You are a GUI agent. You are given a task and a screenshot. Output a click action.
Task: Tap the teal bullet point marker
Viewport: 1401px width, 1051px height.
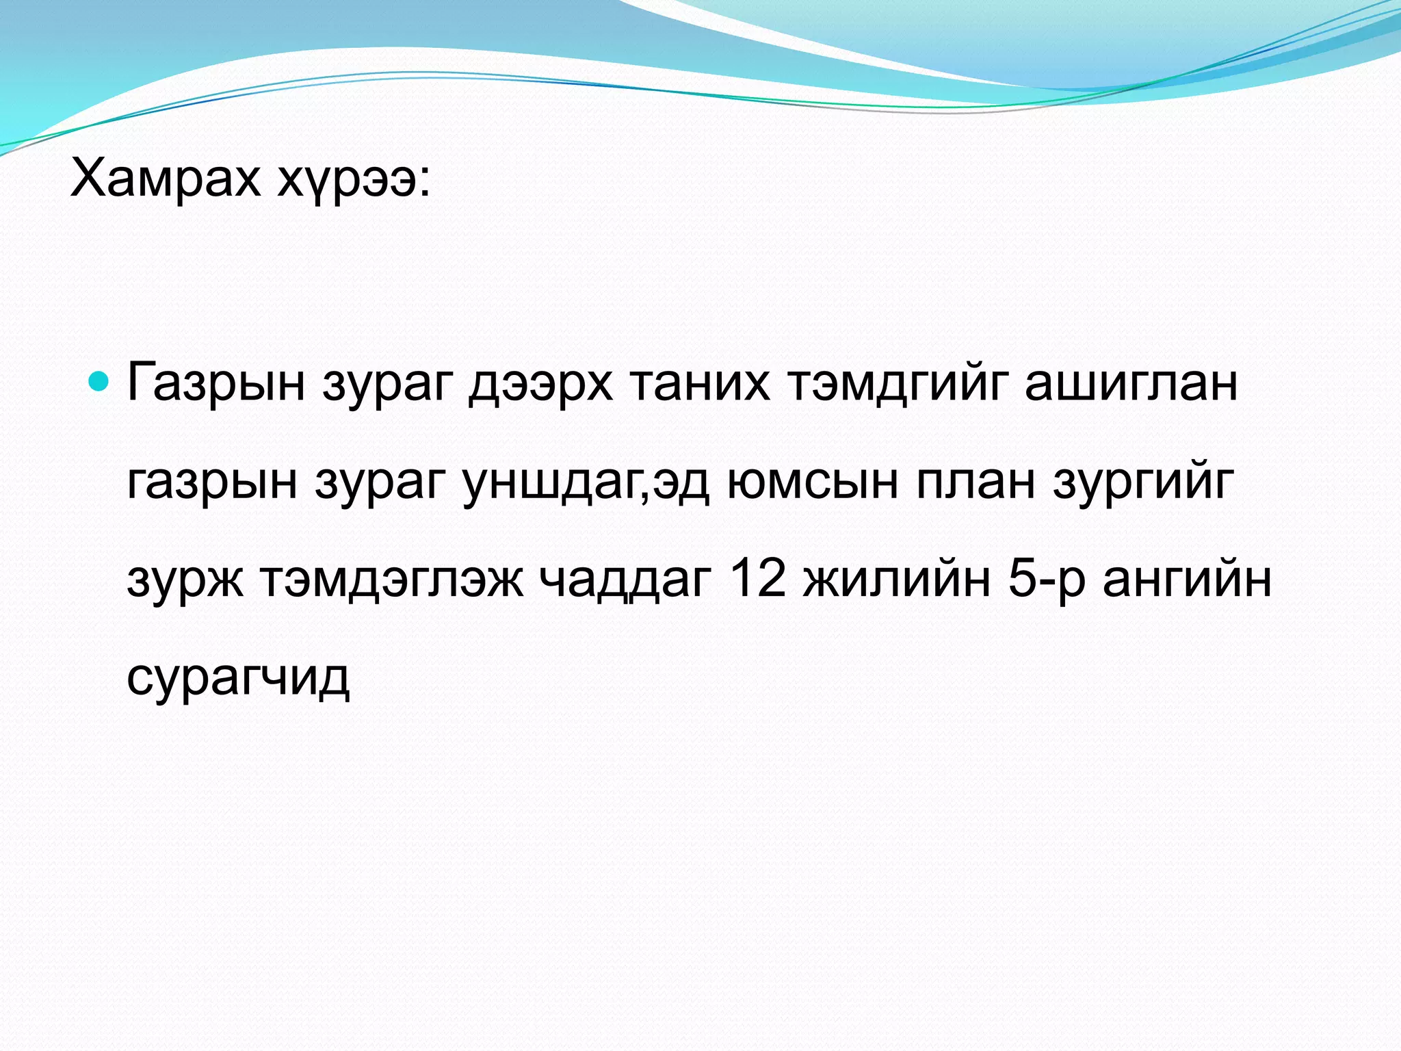tap(99, 381)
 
